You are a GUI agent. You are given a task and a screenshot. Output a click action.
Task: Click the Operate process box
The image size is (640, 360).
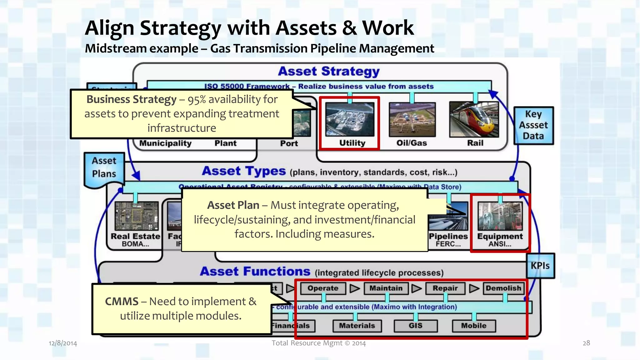tap(323, 288)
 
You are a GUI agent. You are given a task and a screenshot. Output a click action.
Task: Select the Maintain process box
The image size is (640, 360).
tap(386, 288)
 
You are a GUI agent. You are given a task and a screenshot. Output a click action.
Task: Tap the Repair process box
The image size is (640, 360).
tap(445, 288)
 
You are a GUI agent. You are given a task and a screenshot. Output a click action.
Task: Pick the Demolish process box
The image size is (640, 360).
tap(503, 288)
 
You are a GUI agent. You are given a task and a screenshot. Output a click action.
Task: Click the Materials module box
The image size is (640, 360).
tap(357, 326)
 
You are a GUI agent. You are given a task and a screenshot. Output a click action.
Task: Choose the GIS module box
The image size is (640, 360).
tap(415, 326)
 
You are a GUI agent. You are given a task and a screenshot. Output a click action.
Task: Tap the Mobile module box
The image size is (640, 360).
tap(474, 326)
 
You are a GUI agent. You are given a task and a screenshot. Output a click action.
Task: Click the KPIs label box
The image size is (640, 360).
tap(540, 266)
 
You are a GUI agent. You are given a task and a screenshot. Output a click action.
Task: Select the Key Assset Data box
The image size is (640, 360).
tap(533, 125)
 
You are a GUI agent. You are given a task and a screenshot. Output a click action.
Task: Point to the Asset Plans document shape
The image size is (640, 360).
tap(104, 169)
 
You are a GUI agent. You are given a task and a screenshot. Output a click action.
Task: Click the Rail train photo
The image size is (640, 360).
tap(474, 119)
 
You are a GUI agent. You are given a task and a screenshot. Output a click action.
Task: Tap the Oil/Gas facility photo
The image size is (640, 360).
tap(412, 119)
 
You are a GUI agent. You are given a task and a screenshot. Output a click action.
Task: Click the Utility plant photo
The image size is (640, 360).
tap(350, 119)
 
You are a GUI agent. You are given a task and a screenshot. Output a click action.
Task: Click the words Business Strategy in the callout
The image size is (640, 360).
tap(131, 99)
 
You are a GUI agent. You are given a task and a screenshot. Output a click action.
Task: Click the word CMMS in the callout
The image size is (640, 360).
tap(122, 302)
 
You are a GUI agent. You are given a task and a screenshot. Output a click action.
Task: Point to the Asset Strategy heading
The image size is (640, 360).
tap(329, 72)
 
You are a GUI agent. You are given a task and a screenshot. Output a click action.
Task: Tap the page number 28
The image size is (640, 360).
tap(586, 343)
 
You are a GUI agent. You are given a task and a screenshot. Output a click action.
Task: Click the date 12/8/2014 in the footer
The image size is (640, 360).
tap(63, 343)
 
